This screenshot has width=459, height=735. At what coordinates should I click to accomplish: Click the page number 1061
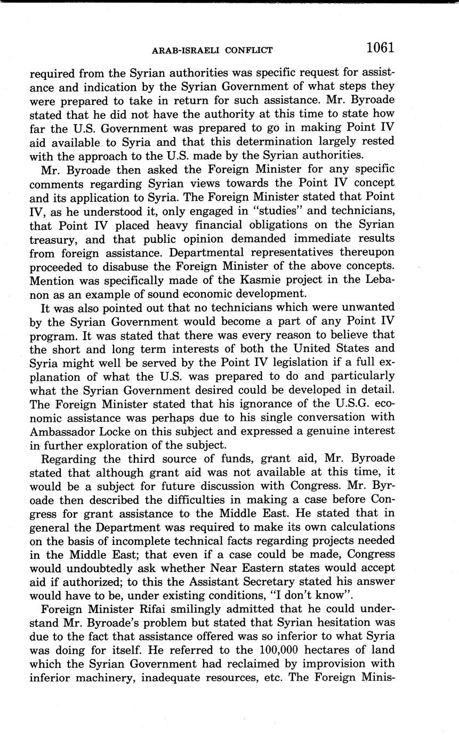pyautogui.click(x=380, y=48)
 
